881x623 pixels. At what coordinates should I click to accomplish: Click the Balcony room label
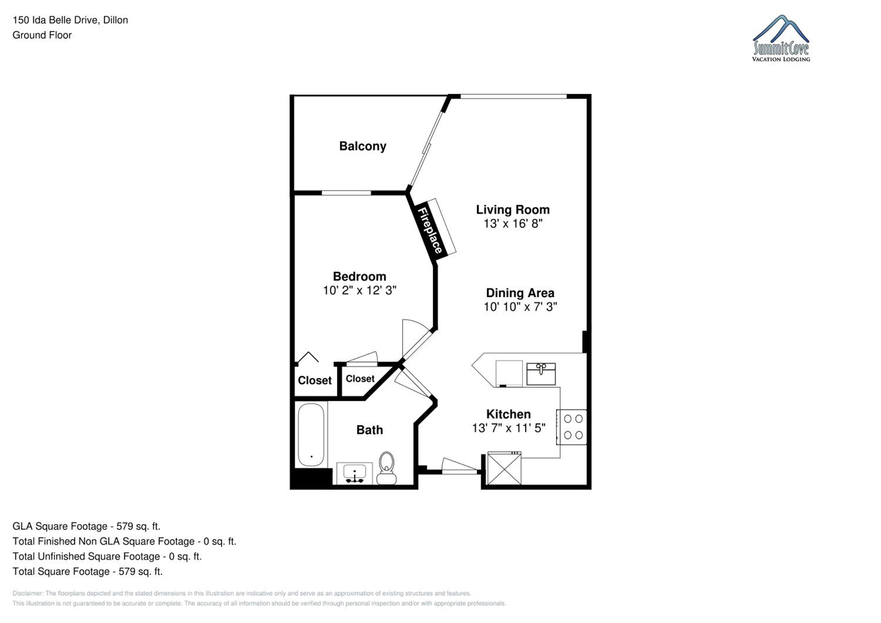pyautogui.click(x=363, y=146)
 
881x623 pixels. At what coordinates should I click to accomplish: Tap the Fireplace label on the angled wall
pyautogui.click(x=430, y=230)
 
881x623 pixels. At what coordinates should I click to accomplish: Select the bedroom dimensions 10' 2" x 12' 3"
pyautogui.click(x=359, y=290)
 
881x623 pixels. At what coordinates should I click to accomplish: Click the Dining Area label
pyautogui.click(x=520, y=293)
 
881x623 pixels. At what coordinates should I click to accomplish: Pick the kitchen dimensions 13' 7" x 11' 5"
pyautogui.click(x=508, y=428)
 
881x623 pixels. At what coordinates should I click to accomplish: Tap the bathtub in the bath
pyautogui.click(x=311, y=435)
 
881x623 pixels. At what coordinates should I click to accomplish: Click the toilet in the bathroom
pyautogui.click(x=386, y=468)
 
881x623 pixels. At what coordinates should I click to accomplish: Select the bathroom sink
pyautogui.click(x=354, y=473)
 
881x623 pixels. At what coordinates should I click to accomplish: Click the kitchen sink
pyautogui.click(x=541, y=374)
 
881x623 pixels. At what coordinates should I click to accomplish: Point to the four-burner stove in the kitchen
pyautogui.click(x=572, y=427)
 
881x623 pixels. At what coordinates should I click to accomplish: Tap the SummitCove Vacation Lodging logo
pyautogui.click(x=781, y=38)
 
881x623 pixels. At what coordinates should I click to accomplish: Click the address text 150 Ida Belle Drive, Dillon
pyautogui.click(x=70, y=20)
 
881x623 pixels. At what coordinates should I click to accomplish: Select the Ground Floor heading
pyautogui.click(x=42, y=35)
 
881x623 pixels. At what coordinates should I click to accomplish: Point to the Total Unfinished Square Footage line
pyautogui.click(x=107, y=556)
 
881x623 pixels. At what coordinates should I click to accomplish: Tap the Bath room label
pyautogui.click(x=369, y=430)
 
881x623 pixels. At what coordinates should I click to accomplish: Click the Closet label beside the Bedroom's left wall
pyautogui.click(x=315, y=380)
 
